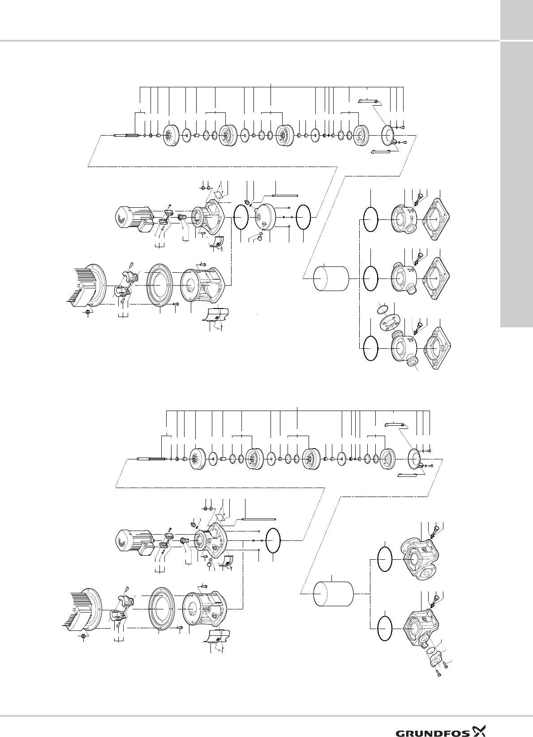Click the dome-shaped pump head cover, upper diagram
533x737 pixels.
[269, 218]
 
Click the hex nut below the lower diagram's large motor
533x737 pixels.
[84, 636]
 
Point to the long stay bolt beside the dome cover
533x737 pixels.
[285, 195]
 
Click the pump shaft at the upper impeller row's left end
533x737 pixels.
[127, 135]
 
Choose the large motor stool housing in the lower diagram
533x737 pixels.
[206, 602]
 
